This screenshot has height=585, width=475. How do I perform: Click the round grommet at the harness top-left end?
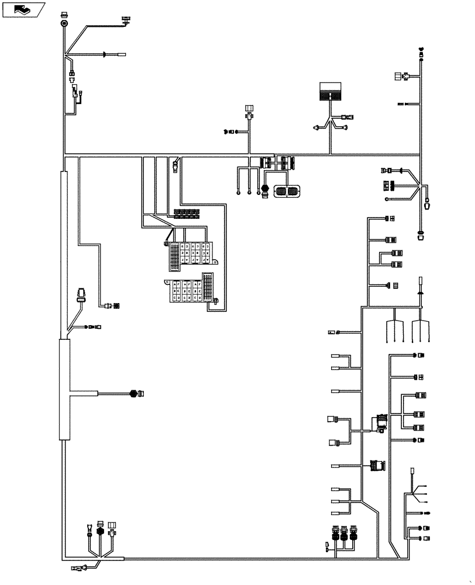pos(64,23)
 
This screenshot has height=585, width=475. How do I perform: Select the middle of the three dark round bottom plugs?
pos(344,534)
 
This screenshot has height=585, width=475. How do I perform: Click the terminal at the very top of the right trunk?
pos(422,51)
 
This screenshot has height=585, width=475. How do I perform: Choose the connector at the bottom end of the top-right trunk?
pos(420,235)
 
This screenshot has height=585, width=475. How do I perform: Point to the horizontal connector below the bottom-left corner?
pos(78,567)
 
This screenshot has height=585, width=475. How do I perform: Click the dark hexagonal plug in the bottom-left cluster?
pos(100,533)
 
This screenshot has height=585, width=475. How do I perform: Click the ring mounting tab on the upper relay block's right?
pos(215,264)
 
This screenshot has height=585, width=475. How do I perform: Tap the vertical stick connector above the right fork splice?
pos(420,284)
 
